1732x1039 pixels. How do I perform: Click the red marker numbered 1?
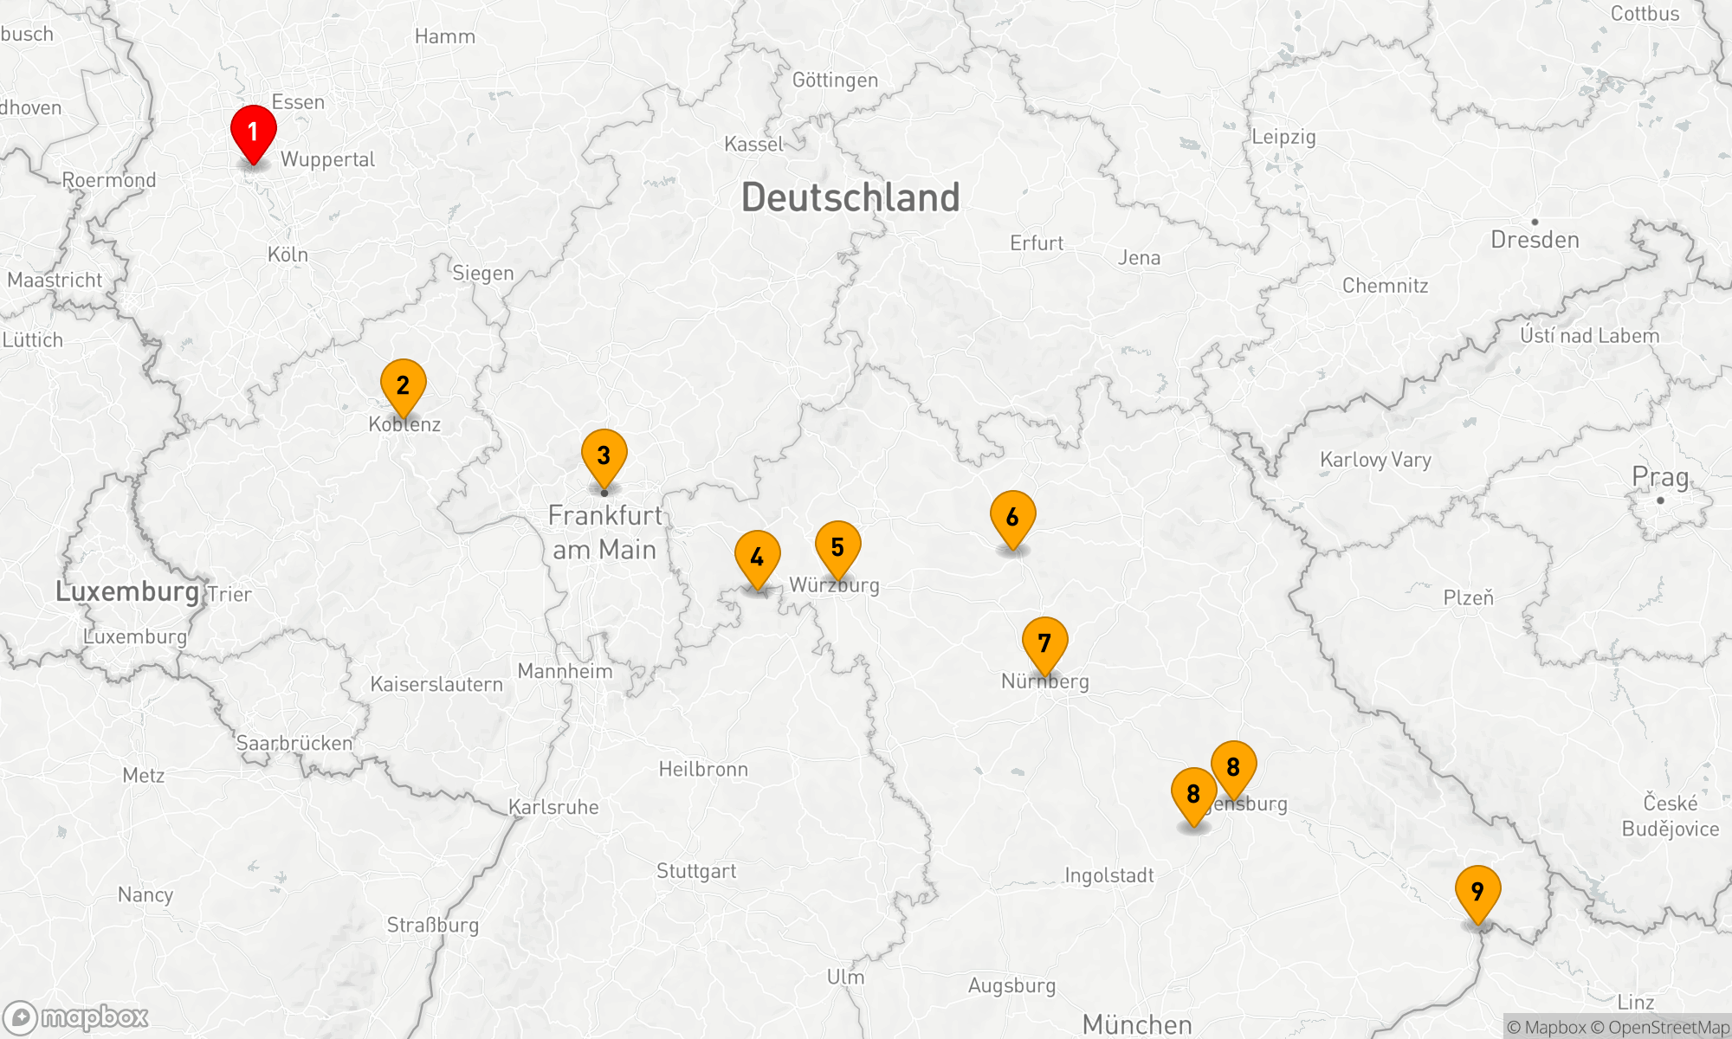[x=253, y=132]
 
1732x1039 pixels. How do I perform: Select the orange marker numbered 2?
[x=403, y=385]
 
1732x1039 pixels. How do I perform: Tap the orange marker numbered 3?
[x=604, y=455]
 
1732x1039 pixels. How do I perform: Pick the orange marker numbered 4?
[x=757, y=557]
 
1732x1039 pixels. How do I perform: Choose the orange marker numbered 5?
[x=837, y=547]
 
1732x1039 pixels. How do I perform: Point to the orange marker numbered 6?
[x=1012, y=517]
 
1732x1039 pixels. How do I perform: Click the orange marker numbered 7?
[x=1044, y=643]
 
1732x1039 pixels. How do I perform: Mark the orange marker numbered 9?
[x=1477, y=892]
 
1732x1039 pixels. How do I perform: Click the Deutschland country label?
[x=850, y=197]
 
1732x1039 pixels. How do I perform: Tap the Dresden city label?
[x=1535, y=240]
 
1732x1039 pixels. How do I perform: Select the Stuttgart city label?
[x=696, y=871]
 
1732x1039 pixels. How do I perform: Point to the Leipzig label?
[x=1283, y=137]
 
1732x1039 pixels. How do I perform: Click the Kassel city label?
[x=753, y=144]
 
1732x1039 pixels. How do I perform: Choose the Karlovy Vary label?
[x=1375, y=460]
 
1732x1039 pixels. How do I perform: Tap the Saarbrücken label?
[x=294, y=743]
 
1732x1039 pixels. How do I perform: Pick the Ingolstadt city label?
[x=1108, y=875]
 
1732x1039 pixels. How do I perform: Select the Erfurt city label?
[x=1037, y=243]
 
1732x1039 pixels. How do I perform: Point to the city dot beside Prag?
[x=1660, y=500]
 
